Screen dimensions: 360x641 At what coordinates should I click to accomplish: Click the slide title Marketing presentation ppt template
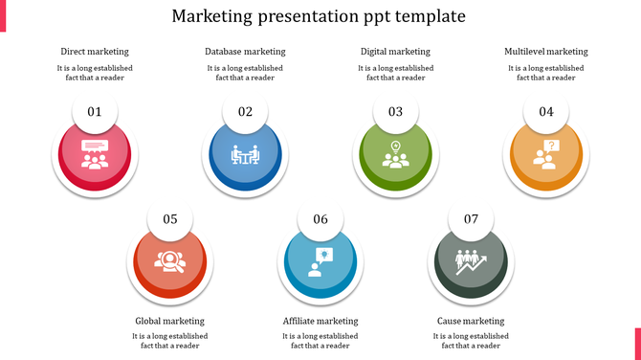coord(320,16)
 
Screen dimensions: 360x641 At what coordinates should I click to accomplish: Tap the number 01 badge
coord(95,112)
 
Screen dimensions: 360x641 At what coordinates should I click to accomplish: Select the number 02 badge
coord(245,112)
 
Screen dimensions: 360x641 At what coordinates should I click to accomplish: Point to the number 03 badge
coord(395,112)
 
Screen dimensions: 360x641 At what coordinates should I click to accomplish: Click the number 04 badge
coord(545,112)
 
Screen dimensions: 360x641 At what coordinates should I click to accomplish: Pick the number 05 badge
coord(170,219)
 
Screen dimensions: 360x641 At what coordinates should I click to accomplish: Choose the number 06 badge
coord(320,219)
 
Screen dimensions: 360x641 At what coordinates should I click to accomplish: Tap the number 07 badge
coord(471,219)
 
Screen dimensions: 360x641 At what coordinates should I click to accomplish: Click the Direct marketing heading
coord(95,52)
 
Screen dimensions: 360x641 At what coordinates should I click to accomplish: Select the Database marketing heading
coord(245,52)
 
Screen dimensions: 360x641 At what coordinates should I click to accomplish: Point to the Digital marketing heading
coord(395,52)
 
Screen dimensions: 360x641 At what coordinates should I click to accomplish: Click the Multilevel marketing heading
coord(545,52)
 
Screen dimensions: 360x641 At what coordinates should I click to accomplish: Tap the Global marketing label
coord(170,321)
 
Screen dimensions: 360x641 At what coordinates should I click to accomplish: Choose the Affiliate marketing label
coord(320,321)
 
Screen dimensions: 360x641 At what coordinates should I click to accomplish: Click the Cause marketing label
coord(471,321)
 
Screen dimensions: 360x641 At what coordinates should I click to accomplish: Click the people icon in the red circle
coord(95,155)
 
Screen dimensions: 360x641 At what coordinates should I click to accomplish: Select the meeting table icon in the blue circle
coord(245,155)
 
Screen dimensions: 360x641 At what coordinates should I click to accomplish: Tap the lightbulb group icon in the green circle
coord(395,155)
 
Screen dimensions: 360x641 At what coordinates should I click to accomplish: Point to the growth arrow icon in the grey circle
coord(471,261)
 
